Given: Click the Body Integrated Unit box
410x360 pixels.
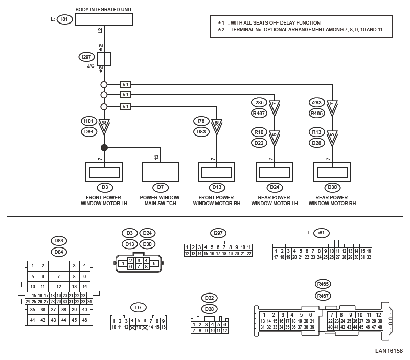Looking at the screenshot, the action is (x=104, y=19).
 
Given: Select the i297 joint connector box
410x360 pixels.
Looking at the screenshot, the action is (x=104, y=59).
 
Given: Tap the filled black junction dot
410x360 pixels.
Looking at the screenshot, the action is (x=104, y=148).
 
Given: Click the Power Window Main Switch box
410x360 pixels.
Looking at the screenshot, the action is (x=161, y=172).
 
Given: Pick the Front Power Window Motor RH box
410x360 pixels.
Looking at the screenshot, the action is (x=217, y=172).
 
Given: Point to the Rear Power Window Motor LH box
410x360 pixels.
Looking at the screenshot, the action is (x=274, y=172).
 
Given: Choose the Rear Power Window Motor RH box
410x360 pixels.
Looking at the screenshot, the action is (x=332, y=172).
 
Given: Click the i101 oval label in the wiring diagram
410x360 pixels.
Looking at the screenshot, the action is (x=88, y=121).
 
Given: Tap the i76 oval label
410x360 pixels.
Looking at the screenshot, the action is (x=201, y=121).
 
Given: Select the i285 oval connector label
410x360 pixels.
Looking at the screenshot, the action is (x=259, y=103).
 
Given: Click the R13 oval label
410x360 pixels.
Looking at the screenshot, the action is (x=316, y=132).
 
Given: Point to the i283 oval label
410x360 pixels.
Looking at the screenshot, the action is (x=316, y=103).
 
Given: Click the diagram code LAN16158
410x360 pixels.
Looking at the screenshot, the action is (x=389, y=351).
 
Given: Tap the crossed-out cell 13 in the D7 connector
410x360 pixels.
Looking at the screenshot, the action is (x=139, y=327).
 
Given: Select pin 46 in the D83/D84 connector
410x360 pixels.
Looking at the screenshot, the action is (x=85, y=320).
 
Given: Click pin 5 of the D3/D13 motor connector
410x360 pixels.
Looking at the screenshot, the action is (x=154, y=264).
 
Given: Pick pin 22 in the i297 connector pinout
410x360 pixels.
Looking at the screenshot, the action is (x=249, y=254).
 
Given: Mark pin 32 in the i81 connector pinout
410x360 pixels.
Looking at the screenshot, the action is (x=369, y=257).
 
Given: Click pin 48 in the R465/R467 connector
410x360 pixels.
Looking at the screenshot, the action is (x=380, y=327).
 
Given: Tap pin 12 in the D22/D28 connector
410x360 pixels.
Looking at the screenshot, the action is (x=224, y=331).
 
